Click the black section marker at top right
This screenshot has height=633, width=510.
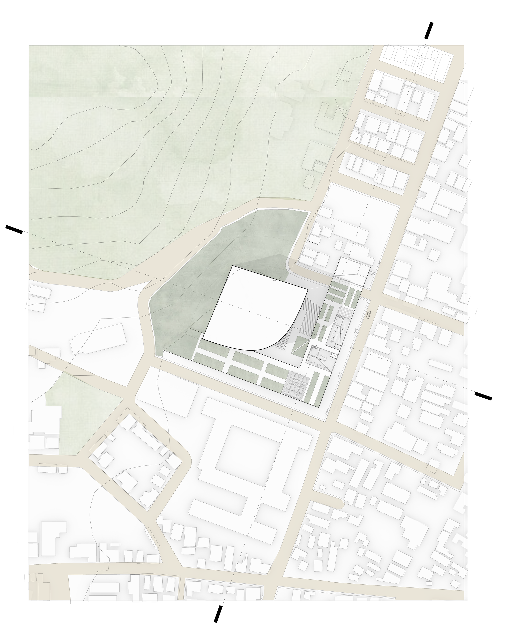tap(429, 31)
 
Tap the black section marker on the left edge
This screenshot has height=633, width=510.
tap(14, 230)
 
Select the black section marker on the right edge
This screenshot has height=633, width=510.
tap(483, 396)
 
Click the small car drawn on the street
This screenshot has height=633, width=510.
tap(368, 314)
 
